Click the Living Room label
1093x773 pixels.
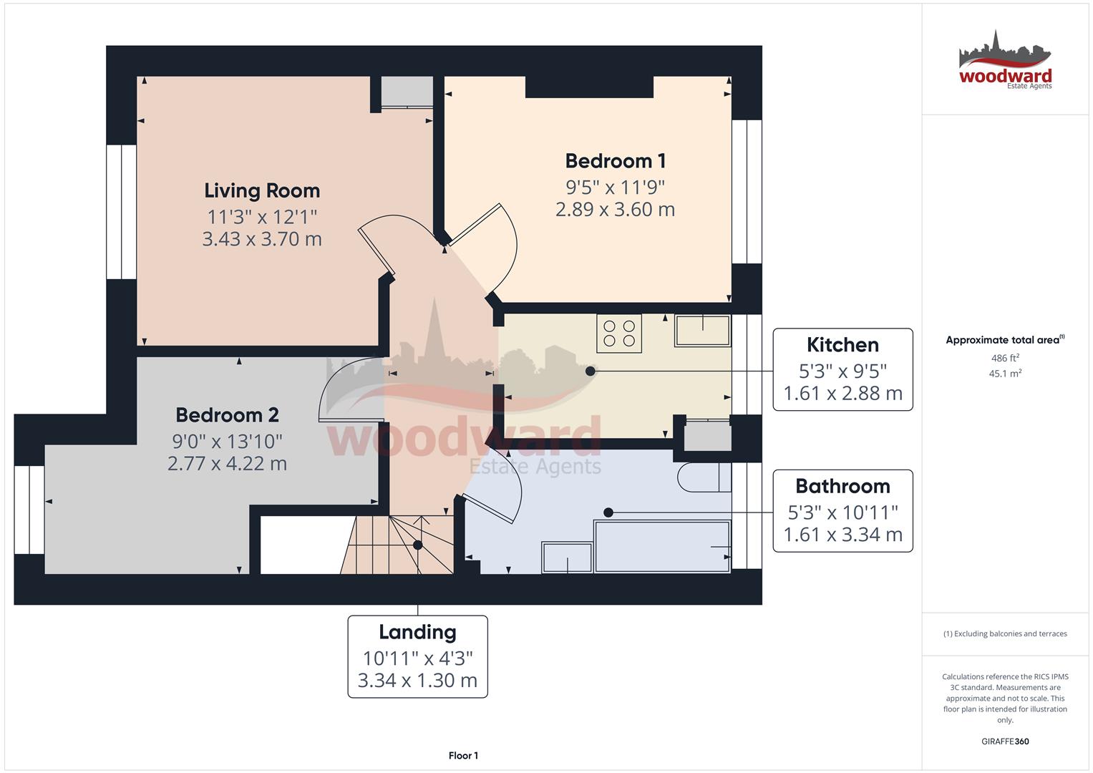(x=262, y=191)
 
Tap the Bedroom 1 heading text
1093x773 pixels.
(x=616, y=161)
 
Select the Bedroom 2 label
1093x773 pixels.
(x=227, y=415)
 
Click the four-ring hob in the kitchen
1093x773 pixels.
(x=618, y=334)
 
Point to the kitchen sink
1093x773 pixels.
(x=703, y=331)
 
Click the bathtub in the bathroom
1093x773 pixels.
(x=662, y=545)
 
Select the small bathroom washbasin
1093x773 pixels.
(x=567, y=557)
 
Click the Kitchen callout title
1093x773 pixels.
(x=842, y=345)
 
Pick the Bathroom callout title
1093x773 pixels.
(x=842, y=486)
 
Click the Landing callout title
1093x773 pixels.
(x=418, y=632)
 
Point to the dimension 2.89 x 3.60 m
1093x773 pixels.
(x=616, y=209)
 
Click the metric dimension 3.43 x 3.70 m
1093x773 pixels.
(x=262, y=239)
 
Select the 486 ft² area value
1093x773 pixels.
(x=1005, y=358)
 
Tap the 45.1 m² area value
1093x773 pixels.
(x=1005, y=374)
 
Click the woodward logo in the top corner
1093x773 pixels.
(x=1005, y=60)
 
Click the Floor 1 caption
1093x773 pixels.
(x=463, y=755)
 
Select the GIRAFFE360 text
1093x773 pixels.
(x=1005, y=742)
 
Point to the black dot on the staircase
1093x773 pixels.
(x=418, y=545)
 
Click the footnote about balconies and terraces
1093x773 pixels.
(x=1005, y=633)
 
